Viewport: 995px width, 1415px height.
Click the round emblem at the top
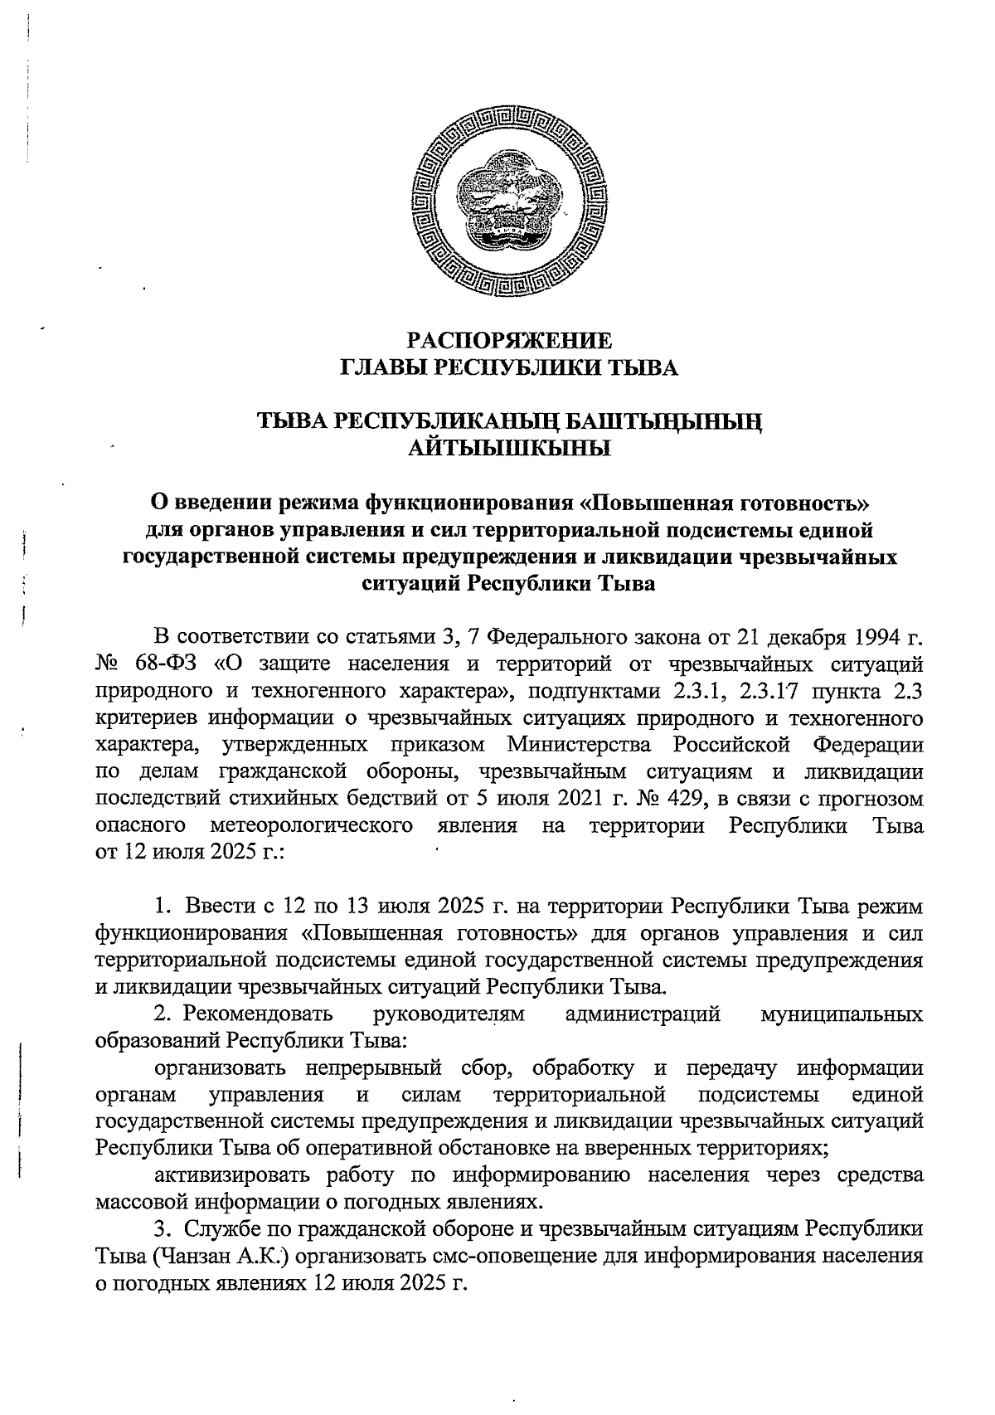coord(508,207)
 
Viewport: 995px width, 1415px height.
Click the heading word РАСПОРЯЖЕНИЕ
coord(509,341)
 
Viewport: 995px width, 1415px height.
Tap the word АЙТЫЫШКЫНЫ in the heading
coord(509,450)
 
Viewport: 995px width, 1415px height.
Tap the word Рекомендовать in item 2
coord(258,1014)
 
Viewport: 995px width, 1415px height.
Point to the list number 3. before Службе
coord(163,1231)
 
